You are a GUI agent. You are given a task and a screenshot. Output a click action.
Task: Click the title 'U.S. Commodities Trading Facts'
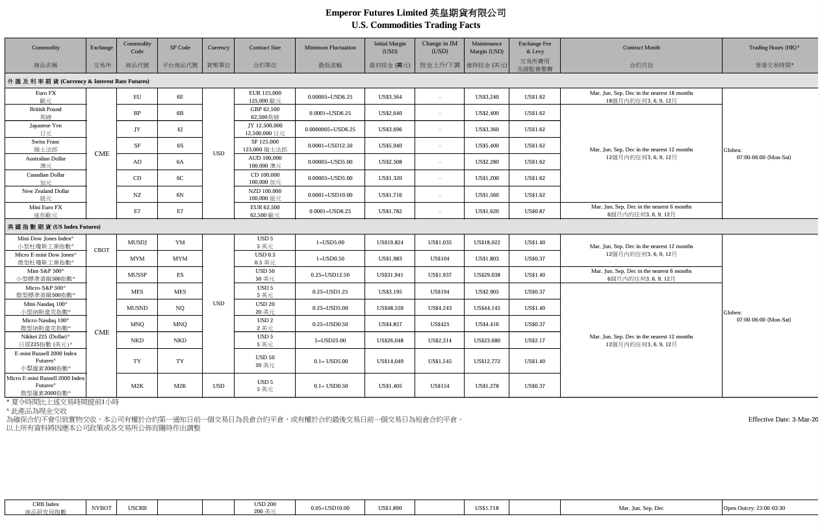pyautogui.click(x=415, y=25)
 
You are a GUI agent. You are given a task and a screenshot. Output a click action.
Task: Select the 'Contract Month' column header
pyautogui.click(x=641, y=47)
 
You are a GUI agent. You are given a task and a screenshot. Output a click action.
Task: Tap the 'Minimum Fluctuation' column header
pyautogui.click(x=330, y=47)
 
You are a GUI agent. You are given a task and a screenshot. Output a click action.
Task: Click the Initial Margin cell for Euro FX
pyautogui.click(x=390, y=97)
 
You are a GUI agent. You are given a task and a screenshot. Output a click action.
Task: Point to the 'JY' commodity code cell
pyautogui.click(x=137, y=129)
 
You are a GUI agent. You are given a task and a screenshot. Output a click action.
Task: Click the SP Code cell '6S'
pyautogui.click(x=180, y=146)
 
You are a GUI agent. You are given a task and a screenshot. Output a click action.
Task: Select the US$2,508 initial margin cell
pyautogui.click(x=390, y=162)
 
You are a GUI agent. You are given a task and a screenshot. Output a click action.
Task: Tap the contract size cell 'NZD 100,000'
pyautogui.click(x=265, y=194)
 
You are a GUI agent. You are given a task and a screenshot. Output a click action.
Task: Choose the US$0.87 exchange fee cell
pyautogui.click(x=534, y=211)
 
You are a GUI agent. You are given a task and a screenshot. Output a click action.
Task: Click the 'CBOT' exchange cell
pyautogui.click(x=101, y=250)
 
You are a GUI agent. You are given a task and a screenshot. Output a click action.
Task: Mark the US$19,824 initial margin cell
pyautogui.click(x=390, y=242)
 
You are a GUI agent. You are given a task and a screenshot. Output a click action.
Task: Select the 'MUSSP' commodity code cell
pyautogui.click(x=137, y=275)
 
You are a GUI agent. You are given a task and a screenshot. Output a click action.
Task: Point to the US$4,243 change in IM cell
pyautogui.click(x=440, y=308)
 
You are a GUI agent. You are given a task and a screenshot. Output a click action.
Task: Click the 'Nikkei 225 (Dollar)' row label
pyautogui.click(x=45, y=340)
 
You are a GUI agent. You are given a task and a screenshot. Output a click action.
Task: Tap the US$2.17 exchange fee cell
pyautogui.click(x=534, y=340)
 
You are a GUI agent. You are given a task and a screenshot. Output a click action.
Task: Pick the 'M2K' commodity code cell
pyautogui.click(x=137, y=386)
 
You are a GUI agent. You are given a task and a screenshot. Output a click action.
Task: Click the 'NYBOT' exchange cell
pyautogui.click(x=101, y=508)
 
